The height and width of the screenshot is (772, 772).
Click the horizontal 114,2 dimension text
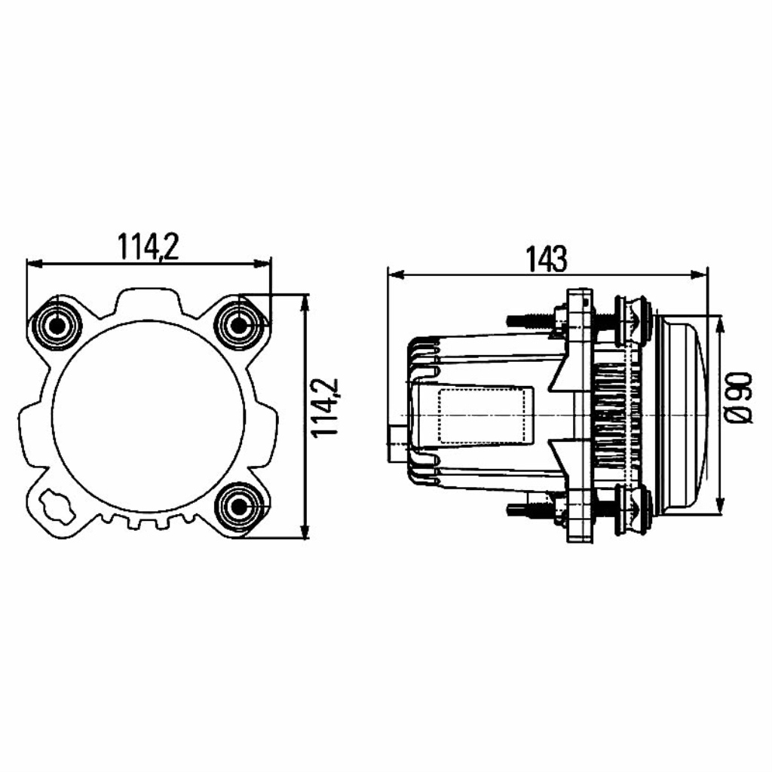[149, 247]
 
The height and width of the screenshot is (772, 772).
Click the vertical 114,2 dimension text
[326, 407]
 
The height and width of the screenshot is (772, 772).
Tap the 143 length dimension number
[547, 259]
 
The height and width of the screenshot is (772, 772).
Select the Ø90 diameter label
[740, 398]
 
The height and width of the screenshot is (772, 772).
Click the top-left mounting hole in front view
[57, 325]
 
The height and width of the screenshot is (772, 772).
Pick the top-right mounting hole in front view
[239, 325]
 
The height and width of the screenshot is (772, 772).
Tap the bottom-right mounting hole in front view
[239, 506]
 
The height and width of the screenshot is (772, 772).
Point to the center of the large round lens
[148, 416]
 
